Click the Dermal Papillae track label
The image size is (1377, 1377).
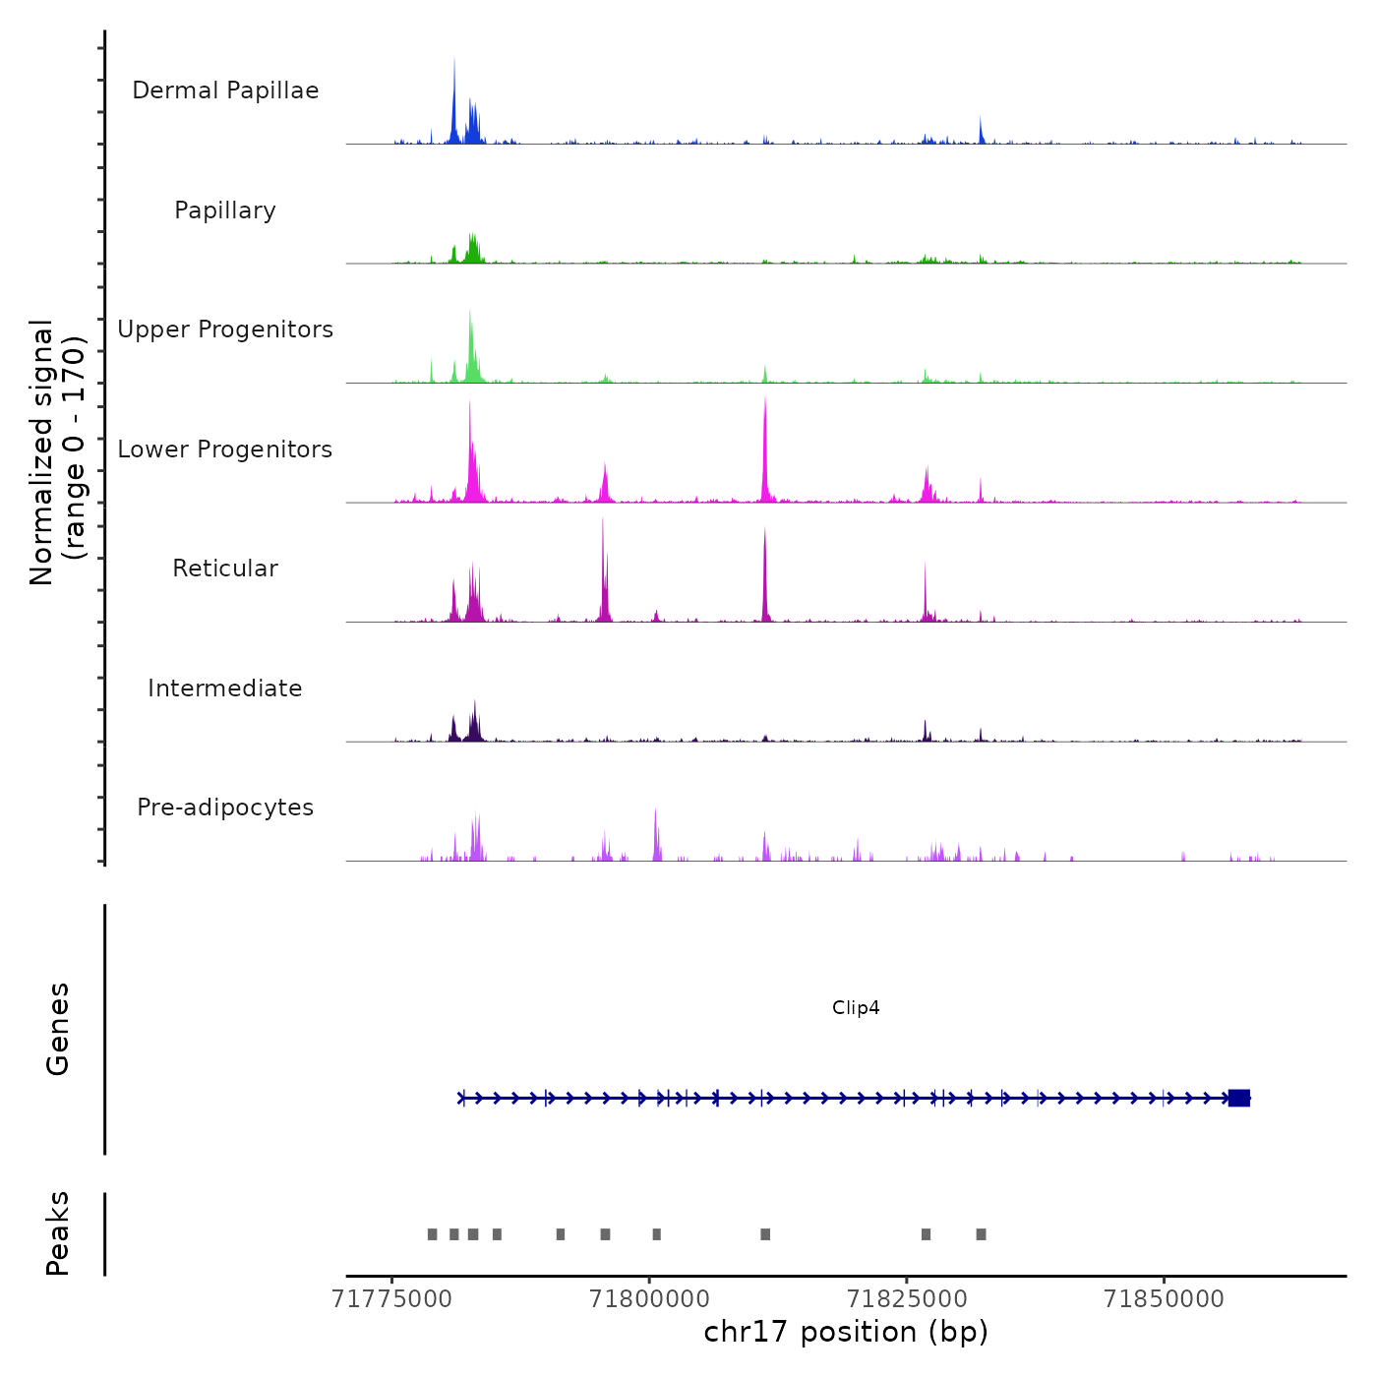(225, 90)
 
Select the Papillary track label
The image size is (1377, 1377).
(225, 210)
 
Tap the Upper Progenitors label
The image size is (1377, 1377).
(225, 329)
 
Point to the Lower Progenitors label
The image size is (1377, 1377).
(225, 449)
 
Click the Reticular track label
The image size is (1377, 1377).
(225, 569)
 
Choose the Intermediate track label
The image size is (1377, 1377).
(225, 688)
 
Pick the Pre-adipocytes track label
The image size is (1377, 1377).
(225, 808)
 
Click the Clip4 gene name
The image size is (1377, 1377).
(856, 1007)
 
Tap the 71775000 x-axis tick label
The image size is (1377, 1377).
(392, 1299)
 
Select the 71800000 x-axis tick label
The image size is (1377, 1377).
(649, 1299)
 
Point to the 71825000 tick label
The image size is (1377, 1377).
(907, 1299)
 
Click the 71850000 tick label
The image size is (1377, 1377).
(1165, 1299)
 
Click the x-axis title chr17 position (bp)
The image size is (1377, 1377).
(846, 1332)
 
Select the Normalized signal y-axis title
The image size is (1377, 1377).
(57, 452)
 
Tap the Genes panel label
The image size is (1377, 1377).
(58, 1029)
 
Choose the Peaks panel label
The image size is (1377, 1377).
(58, 1233)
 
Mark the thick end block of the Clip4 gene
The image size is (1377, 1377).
(1239, 1098)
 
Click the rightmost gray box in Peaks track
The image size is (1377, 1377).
(981, 1234)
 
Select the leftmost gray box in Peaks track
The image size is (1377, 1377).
(432, 1234)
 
